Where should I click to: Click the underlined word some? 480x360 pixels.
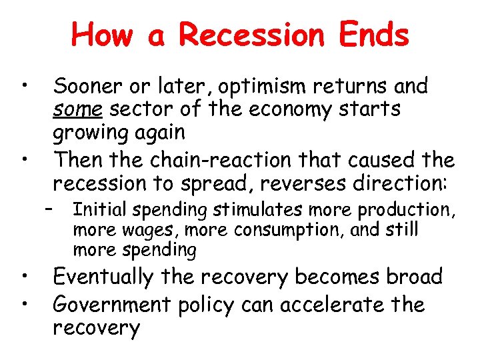point(77,109)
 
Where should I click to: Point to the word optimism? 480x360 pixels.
point(259,87)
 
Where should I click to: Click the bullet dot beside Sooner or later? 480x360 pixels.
point(23,84)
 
